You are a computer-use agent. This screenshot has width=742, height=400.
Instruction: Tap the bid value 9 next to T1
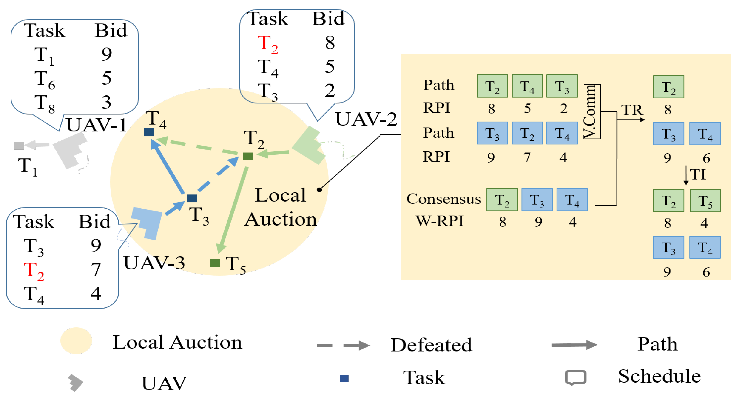coord(107,54)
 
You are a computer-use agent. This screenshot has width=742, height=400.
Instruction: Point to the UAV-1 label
coord(97,125)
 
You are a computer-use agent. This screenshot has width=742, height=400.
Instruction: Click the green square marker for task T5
coord(215,263)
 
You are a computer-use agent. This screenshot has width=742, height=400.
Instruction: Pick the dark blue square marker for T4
coord(149,132)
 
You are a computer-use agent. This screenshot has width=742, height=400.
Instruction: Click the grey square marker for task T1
coord(19,146)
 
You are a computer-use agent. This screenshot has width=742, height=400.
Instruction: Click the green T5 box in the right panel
coord(705,201)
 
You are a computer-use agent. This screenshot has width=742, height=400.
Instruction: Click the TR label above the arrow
coord(632,110)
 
